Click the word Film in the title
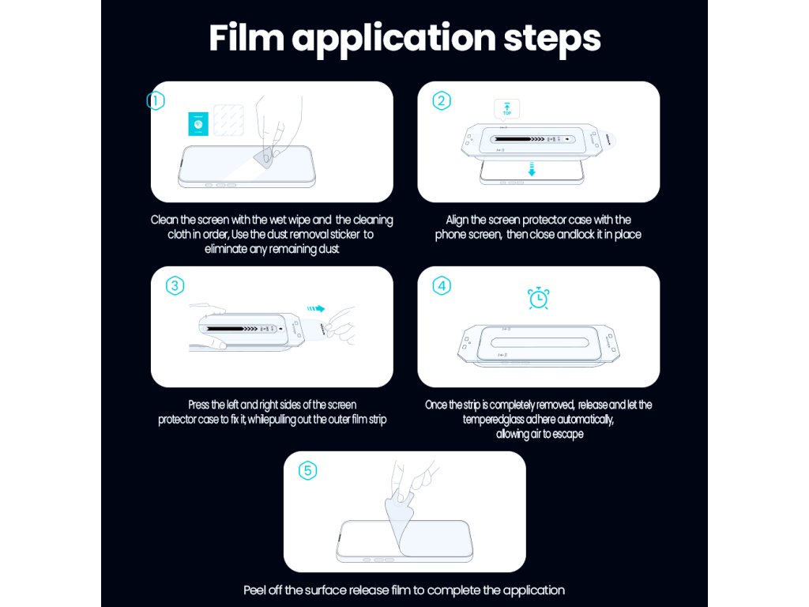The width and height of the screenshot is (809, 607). pos(246,38)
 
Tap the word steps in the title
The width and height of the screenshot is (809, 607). pos(551,40)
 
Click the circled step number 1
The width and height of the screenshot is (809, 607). pos(156,100)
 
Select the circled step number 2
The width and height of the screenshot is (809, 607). pos(441,100)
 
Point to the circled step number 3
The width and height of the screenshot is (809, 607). pos(175,285)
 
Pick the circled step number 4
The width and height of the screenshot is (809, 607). pos(441,285)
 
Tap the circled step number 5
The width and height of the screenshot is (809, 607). pos(307,471)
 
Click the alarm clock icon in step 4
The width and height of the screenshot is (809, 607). pos(538,298)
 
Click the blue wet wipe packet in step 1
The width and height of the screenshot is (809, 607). pos(198,124)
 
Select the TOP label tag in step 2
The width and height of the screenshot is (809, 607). pos(506,109)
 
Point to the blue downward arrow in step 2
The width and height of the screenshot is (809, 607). pos(532,169)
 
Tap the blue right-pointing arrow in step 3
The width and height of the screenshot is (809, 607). pos(316,309)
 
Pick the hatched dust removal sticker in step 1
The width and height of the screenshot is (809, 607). pos(228,120)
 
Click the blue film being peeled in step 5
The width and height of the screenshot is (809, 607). pos(401,522)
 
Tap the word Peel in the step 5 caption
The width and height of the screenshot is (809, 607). pos(255,590)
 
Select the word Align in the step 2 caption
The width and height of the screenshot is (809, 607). pos(457,221)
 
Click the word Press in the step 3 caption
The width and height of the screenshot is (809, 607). pos(198,405)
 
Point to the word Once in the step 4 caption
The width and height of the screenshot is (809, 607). pos(436,405)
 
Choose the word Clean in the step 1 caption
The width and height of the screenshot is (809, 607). pos(164,220)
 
